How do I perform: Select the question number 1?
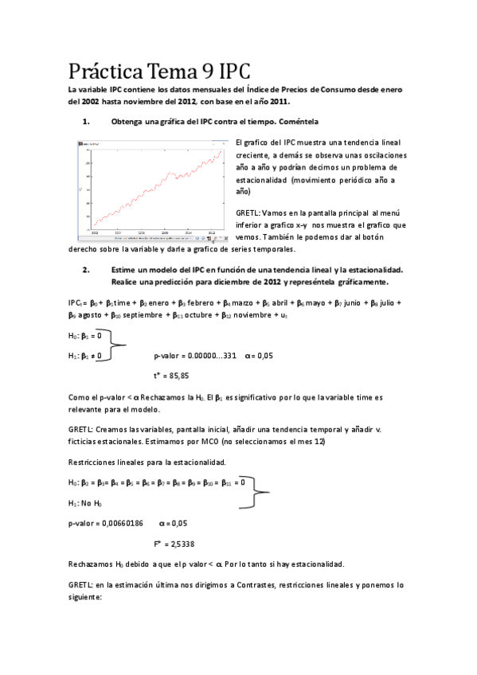tap(86, 122)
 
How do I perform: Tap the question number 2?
tap(86, 269)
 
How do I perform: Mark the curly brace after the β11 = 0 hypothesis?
tap(256, 491)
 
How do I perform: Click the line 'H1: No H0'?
tap(85, 503)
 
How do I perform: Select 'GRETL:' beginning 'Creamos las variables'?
tap(80, 429)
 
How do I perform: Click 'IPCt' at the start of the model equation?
tap(76, 303)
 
